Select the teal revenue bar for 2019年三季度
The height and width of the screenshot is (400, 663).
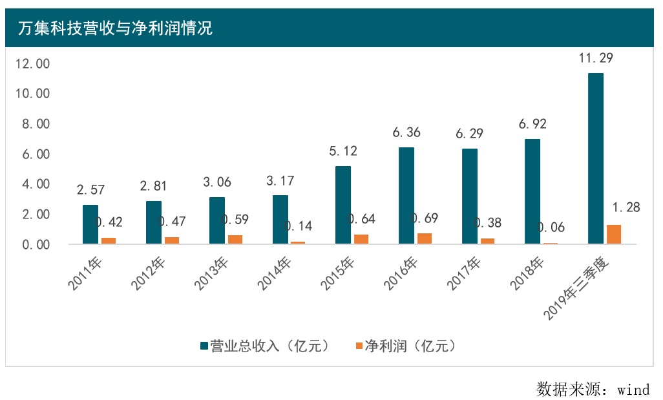596,158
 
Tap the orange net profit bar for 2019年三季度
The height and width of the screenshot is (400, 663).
614,234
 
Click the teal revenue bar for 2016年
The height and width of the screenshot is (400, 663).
406,195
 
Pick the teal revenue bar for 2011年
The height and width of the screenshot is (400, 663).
90,224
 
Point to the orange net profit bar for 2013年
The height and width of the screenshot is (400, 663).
235,239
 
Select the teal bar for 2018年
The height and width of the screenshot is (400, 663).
532,191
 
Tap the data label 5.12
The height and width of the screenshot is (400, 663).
342,151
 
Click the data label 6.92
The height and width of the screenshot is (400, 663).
532,124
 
